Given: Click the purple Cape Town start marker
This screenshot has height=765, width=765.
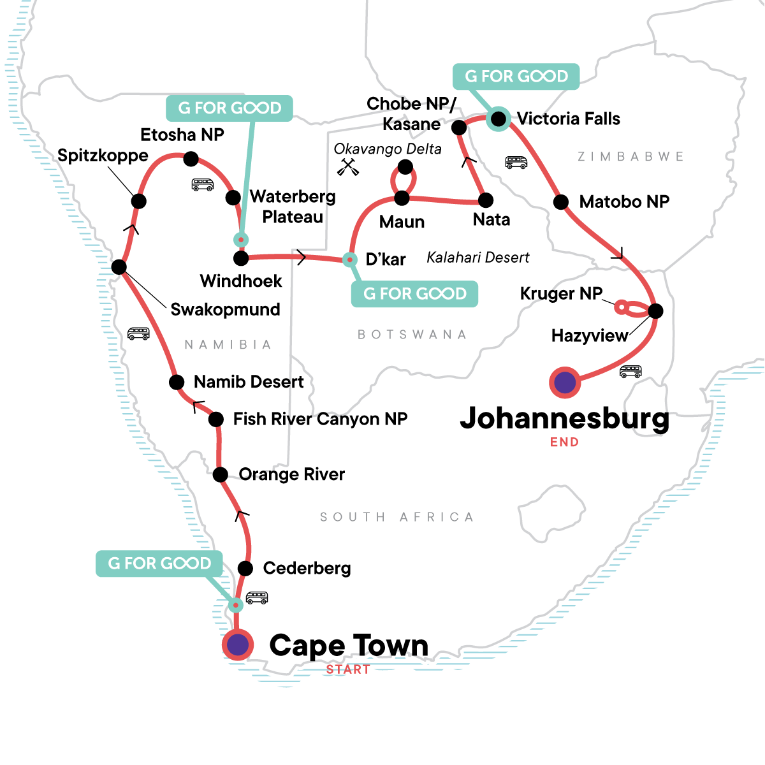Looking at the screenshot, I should (238, 645).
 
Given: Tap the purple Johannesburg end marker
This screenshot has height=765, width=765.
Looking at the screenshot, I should (565, 382).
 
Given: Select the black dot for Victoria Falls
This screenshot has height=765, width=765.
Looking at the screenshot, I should (499, 119).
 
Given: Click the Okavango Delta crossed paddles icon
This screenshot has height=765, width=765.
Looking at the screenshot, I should (346, 167).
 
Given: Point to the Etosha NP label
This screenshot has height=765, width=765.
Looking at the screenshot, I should (182, 135).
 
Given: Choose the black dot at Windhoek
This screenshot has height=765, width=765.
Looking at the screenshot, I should (241, 258).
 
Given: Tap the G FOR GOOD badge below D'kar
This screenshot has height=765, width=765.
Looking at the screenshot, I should (414, 294).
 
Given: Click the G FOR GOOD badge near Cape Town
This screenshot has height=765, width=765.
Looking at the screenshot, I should (159, 564).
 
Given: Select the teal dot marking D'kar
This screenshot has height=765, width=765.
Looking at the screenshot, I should (349, 259).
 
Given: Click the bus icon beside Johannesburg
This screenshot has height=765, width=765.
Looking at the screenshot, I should (630, 371).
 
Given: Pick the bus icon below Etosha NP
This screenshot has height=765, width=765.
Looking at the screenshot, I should (203, 185).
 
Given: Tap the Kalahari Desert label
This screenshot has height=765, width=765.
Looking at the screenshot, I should (478, 258).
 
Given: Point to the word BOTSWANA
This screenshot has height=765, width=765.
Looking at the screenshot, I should (412, 335).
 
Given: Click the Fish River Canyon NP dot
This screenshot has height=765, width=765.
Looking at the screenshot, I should (216, 419).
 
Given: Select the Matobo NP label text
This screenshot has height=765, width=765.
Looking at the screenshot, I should (624, 202).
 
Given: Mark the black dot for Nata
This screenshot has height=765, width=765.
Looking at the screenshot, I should (486, 201).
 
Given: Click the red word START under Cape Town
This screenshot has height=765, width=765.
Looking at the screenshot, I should (348, 669).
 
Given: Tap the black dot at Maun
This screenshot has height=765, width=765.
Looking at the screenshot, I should (402, 198).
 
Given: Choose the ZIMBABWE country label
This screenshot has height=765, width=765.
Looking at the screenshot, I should (630, 157).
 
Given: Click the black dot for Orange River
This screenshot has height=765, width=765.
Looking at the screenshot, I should (220, 474).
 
